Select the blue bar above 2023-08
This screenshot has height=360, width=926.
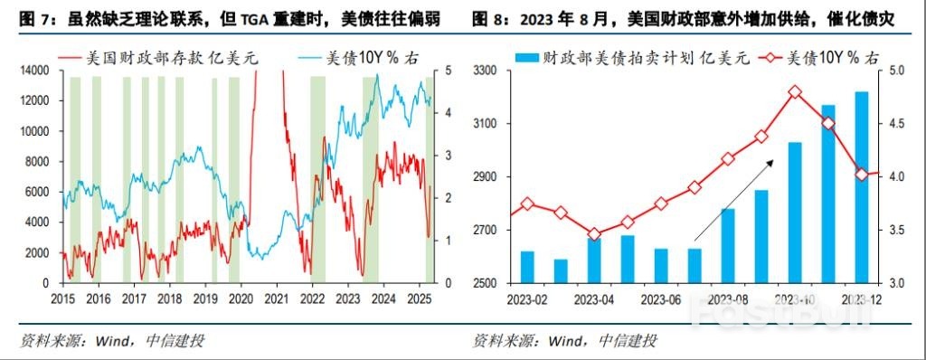[728, 245]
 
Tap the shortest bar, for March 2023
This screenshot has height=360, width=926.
[561, 270]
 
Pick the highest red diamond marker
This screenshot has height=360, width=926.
[795, 92]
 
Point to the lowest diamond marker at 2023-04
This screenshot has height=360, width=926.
[594, 234]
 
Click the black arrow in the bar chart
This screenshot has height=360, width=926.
[733, 200]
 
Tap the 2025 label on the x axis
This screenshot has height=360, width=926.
[418, 298]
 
